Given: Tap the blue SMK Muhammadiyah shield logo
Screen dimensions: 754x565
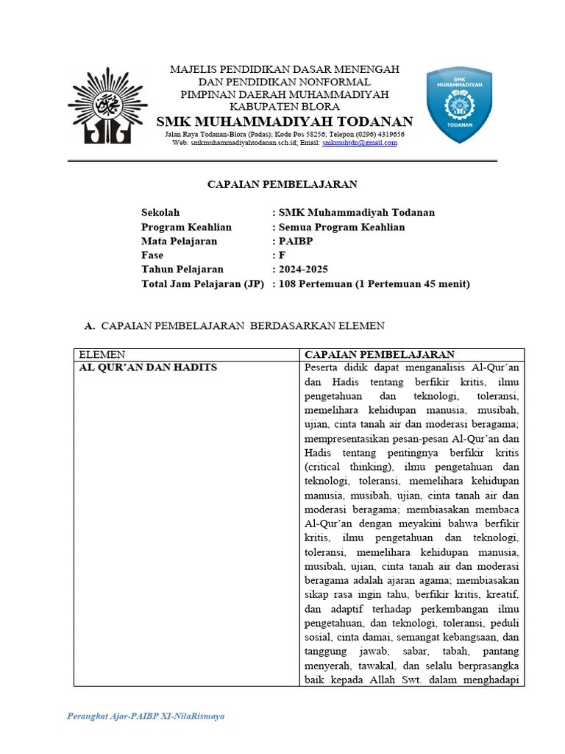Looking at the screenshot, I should pos(459,105).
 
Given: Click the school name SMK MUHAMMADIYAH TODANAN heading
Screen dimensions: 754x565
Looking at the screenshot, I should pos(285,121).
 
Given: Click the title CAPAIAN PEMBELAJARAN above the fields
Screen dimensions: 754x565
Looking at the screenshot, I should pos(282,184).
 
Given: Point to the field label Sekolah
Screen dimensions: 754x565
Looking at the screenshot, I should pos(160,212).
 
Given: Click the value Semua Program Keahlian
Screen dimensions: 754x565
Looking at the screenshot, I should pos(341,227).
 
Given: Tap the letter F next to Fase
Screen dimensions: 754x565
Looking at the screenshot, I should pos(282,255).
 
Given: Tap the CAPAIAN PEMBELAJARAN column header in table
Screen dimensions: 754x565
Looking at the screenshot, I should pos(379,354).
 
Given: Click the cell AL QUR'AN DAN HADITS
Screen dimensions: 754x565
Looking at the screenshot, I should pos(148,367).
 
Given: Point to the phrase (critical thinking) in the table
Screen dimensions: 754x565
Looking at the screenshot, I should pos(341,467).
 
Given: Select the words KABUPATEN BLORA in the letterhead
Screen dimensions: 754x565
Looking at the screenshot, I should pos(285,106).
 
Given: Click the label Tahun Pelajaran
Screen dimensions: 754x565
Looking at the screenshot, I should pos(182,269).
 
